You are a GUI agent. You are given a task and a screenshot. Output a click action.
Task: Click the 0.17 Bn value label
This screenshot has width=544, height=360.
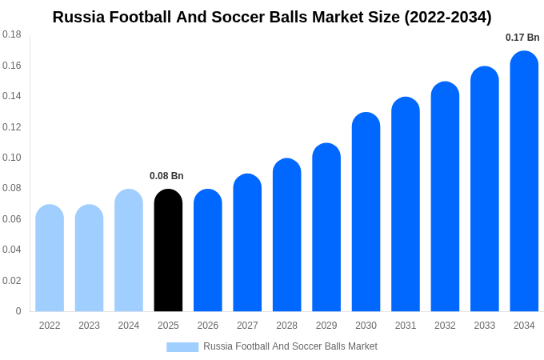point(522,38)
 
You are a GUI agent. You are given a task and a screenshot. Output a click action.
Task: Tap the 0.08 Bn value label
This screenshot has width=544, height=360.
point(166,176)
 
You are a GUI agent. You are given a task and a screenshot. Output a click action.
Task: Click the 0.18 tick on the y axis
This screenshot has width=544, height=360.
point(12,34)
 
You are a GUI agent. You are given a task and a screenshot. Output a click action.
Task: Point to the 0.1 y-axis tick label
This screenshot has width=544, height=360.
point(12,158)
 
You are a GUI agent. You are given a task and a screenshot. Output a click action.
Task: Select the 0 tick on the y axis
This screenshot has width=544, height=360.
point(18,311)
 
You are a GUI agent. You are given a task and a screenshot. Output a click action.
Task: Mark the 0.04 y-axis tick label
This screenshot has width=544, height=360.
point(12,250)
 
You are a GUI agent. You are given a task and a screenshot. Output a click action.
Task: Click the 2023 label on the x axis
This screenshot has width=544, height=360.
point(89,326)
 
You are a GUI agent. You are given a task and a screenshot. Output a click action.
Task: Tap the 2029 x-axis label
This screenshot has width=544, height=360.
point(326,326)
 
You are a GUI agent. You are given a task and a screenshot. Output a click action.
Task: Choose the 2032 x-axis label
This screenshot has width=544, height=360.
point(445,326)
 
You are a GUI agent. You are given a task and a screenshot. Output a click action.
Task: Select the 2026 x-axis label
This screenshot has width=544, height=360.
point(208,326)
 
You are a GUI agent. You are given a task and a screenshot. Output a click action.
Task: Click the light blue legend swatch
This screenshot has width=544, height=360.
point(182,347)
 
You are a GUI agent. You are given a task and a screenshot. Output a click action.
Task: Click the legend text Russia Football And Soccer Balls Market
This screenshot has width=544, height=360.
point(290,346)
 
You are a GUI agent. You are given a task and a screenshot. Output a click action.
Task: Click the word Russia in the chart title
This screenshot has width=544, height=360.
point(78,17)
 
